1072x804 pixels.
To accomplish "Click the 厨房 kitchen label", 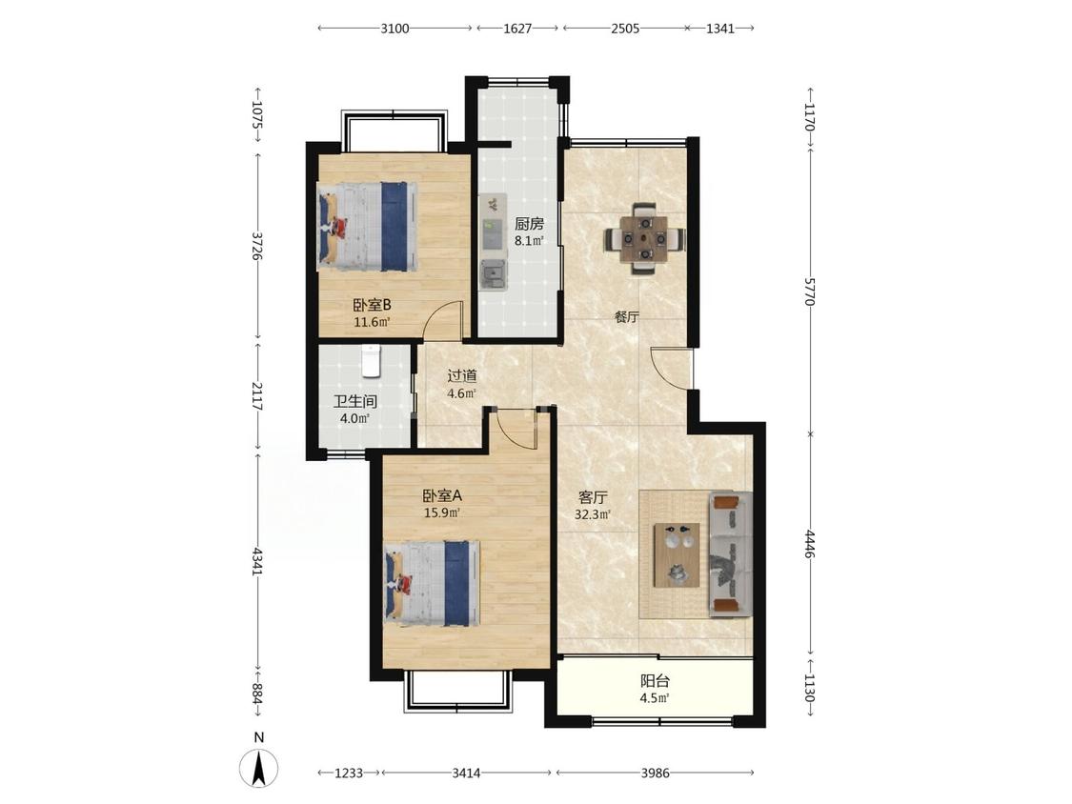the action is tap(529, 224).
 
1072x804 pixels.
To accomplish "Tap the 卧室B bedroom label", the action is tap(372, 305).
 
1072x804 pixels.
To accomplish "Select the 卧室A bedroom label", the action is tap(442, 495).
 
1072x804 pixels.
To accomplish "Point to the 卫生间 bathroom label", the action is tap(354, 401).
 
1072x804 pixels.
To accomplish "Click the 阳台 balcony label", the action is tap(655, 681).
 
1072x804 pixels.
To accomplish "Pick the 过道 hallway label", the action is tap(462, 376).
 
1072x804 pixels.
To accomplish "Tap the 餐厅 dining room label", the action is tap(626, 317).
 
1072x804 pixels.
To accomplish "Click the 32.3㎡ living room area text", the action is tap(592, 514).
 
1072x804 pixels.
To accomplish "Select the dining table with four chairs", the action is tap(645, 238).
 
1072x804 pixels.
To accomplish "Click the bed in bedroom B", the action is tap(367, 226).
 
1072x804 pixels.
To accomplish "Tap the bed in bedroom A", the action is tap(432, 583).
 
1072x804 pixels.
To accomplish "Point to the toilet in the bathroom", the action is tap(371, 361).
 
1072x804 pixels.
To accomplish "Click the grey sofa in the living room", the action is tap(730, 554).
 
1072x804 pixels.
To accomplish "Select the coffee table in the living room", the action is tap(677, 555).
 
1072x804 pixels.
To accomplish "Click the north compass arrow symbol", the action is tap(259, 767).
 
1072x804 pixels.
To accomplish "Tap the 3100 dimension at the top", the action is tap(394, 29).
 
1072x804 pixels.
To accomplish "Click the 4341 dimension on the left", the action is tap(257, 561).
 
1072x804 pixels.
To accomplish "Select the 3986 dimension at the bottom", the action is tap(655, 774).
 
